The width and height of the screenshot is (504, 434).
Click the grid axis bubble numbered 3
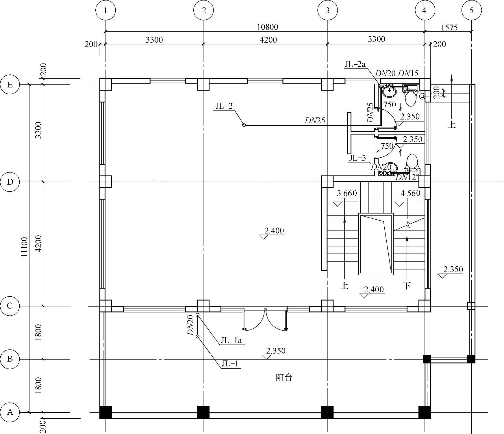coord(327,10)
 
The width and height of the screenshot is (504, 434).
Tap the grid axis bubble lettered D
coord(10,182)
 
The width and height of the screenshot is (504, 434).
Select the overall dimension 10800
coord(267,27)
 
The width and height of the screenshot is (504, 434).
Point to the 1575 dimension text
coord(449,27)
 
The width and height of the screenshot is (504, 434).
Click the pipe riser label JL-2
coord(224,106)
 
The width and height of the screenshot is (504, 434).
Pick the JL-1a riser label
coord(231,341)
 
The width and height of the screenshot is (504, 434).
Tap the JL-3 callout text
coord(357,158)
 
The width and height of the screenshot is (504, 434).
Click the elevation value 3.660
coord(347,193)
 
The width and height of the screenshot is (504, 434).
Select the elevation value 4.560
coord(410,193)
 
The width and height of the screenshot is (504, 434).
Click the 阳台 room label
coord(284,377)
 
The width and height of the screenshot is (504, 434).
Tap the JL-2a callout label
coord(355,64)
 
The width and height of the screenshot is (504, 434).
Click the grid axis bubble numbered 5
coord(472,10)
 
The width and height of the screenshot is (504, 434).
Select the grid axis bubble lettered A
coord(10,412)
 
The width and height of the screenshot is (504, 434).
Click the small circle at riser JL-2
coord(244,125)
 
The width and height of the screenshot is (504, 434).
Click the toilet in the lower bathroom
coord(412,164)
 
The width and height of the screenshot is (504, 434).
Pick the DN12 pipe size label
coord(405,177)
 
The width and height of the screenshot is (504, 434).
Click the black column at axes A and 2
coord(203,412)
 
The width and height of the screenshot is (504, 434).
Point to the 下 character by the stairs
coord(407,286)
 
